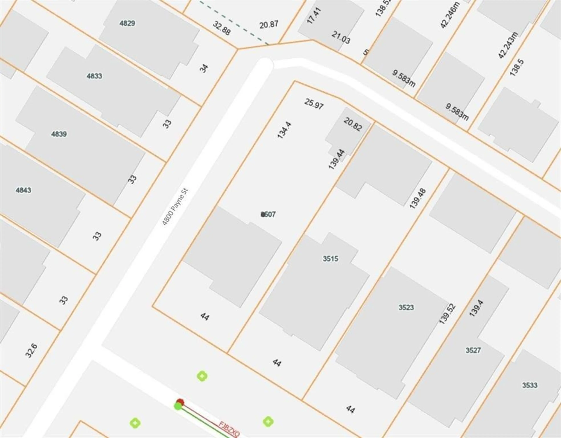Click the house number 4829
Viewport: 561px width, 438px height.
click(127, 23)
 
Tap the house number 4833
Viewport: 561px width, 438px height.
click(94, 76)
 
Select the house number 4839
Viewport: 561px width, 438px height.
click(59, 134)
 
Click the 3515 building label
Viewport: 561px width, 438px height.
click(330, 259)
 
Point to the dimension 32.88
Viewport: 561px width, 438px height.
click(221, 28)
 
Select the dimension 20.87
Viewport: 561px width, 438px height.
click(269, 25)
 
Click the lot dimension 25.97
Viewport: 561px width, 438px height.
click(314, 103)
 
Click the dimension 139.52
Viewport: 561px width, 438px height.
click(447, 314)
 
